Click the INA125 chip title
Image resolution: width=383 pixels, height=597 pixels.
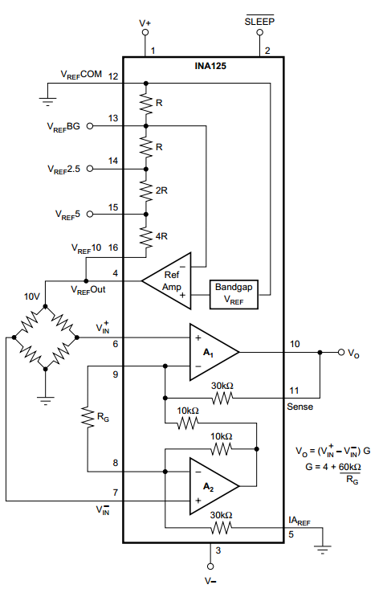[210, 66]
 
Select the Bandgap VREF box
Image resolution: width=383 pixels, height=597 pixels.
[234, 294]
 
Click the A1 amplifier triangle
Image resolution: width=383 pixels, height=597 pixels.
[214, 352]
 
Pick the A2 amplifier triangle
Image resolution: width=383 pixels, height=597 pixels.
[214, 486]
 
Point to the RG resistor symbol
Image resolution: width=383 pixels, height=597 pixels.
[88, 417]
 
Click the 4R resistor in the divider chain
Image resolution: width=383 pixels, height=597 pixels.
[146, 237]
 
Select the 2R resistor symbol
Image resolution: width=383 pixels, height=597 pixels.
[146, 190]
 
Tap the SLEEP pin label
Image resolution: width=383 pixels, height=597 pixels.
[259, 22]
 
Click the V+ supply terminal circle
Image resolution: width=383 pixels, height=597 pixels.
[145, 32]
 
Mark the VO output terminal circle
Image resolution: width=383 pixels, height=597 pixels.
[341, 352]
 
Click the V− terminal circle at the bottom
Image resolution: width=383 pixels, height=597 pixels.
[210, 566]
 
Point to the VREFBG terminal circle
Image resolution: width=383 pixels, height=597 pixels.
[90, 126]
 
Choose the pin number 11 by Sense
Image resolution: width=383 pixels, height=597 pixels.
[294, 391]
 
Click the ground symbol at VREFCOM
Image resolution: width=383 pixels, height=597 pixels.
[47, 101]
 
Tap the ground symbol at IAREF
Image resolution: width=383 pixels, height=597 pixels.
[323, 550]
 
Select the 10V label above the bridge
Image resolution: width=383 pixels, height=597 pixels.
[31, 296]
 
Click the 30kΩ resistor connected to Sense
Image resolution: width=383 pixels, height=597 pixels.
[222, 399]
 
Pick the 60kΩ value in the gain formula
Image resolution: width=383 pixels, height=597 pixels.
[350, 467]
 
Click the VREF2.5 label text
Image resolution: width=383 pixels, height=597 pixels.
[64, 170]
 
